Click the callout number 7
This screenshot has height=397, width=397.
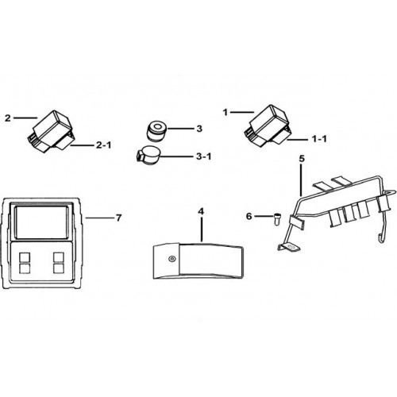[x=118, y=218]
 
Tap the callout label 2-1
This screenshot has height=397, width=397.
[x=103, y=145]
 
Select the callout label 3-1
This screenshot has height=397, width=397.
[x=203, y=156]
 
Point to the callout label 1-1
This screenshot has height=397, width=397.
[x=319, y=139]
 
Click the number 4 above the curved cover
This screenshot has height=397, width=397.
[x=201, y=211]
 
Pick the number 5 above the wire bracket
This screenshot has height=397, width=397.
[x=302, y=159]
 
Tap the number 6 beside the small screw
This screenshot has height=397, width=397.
[x=249, y=216]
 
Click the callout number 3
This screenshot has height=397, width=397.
[x=199, y=129]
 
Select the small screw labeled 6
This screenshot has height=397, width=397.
[x=277, y=218]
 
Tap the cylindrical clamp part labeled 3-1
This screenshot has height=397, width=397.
[x=148, y=156]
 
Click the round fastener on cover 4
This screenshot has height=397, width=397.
[x=172, y=259]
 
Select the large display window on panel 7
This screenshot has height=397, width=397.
[x=40, y=222]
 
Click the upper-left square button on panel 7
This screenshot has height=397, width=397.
[x=25, y=257]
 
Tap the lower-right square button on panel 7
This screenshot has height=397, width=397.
[x=59, y=268]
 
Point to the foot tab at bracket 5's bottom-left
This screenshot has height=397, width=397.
[x=289, y=248]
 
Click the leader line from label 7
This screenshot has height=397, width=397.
[x=99, y=218]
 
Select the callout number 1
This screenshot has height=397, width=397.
[x=225, y=113]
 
